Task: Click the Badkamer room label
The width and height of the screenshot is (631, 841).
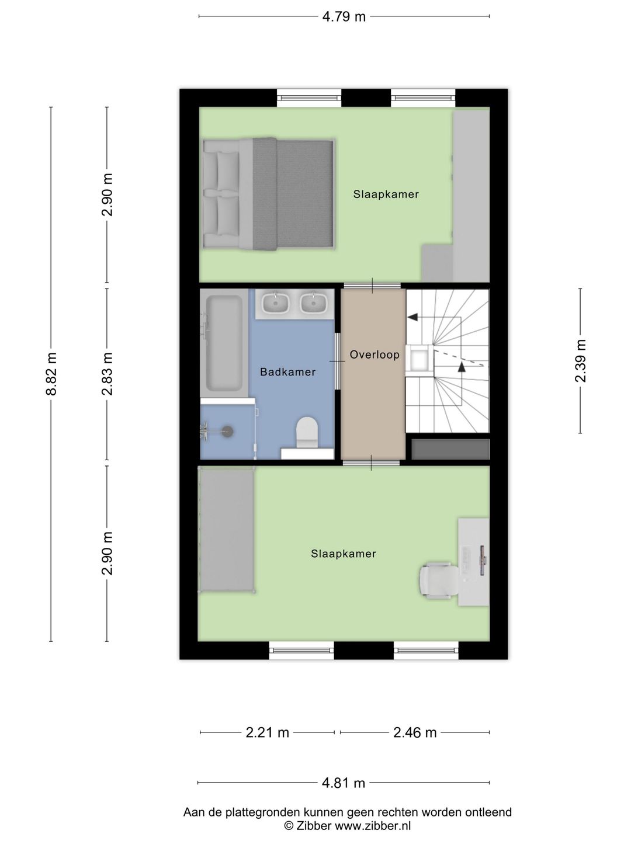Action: coord(287,372)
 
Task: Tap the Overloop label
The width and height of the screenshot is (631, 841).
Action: coord(375,355)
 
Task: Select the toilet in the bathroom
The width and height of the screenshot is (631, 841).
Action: coord(307,432)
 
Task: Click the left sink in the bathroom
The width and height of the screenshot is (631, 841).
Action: coord(275,303)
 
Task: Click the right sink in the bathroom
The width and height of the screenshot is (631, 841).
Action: coord(314,303)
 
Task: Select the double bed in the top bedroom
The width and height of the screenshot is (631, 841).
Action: coord(268,194)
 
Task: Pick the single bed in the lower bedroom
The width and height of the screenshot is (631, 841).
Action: coord(227,530)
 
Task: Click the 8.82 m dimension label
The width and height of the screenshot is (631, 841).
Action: coord(51,374)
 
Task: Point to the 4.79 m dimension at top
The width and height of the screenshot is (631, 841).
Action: coord(344,16)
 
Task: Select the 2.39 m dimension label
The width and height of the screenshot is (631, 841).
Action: coord(580,361)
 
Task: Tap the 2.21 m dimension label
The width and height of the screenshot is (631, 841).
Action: coord(267,732)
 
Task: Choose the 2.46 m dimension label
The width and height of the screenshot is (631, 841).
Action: coord(415,732)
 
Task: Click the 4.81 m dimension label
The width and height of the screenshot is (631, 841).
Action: coord(344,783)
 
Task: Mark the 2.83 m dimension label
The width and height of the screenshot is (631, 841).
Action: coord(107,374)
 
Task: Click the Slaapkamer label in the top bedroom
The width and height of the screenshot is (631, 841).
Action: coord(386,194)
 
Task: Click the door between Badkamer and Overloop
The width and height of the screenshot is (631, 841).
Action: coord(337,361)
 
